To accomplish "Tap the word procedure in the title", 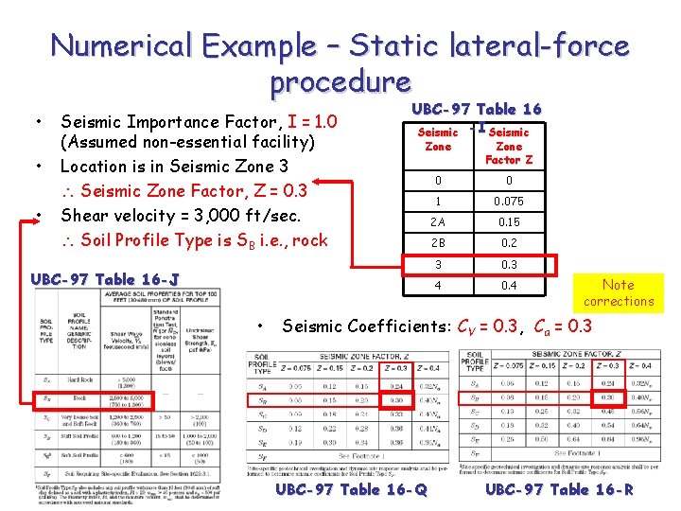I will [x=340, y=83].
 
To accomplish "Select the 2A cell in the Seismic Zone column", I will [x=438, y=222].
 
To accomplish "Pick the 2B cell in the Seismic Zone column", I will [x=438, y=243].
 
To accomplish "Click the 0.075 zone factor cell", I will [x=509, y=202].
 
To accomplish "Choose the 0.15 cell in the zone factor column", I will [x=509, y=222].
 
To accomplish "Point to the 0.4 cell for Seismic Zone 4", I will [x=509, y=285].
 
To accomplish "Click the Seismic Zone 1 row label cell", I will [x=438, y=202].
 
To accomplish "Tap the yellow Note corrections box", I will [x=619, y=292].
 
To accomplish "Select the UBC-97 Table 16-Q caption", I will [x=351, y=489].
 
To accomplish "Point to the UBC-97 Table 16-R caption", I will [x=560, y=489].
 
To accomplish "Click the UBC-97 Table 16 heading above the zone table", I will [x=476, y=110].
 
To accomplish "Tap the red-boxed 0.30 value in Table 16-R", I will [x=606, y=398].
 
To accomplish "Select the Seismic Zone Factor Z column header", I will [x=509, y=146].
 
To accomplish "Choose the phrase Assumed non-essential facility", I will [x=185, y=144].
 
